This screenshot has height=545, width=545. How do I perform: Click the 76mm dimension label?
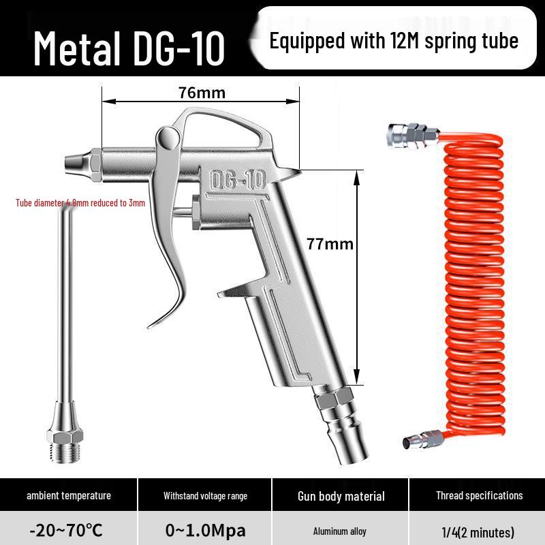click(202, 93)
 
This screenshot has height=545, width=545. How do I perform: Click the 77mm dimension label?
click(330, 244)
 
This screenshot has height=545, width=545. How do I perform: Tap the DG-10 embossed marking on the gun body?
click(238, 180)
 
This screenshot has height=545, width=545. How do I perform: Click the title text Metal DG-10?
click(129, 48)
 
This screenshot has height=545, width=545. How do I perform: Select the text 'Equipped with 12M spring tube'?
click(394, 41)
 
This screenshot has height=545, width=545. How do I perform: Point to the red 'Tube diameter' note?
click(80, 202)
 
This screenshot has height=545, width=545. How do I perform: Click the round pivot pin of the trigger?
click(168, 138)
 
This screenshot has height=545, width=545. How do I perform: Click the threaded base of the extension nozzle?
click(65, 451)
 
